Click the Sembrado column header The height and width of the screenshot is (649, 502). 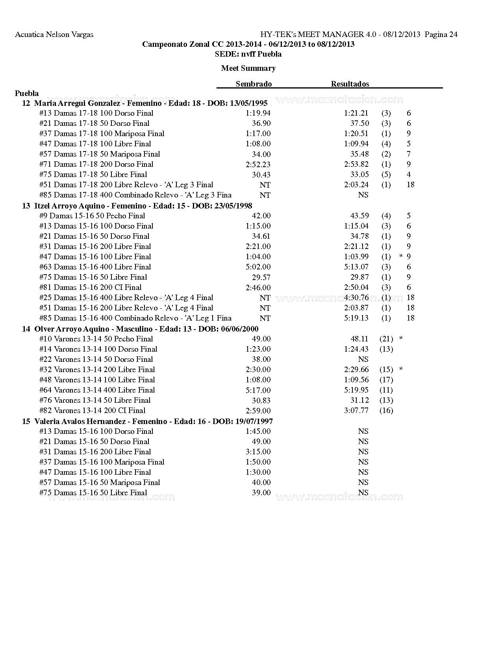(254, 84)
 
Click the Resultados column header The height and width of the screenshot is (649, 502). (350, 84)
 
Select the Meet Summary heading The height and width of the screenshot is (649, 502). (248, 68)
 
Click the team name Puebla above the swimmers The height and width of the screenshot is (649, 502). (27, 93)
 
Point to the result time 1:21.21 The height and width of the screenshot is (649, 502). (356, 113)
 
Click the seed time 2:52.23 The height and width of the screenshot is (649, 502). (258, 164)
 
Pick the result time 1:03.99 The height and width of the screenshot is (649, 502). (356, 257)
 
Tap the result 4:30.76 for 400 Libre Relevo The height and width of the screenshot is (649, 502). (356, 298)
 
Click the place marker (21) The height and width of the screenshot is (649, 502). (386, 339)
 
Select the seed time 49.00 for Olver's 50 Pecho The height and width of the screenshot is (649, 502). (261, 339)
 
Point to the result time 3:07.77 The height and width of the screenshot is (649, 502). (356, 411)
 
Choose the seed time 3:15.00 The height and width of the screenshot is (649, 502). (258, 452)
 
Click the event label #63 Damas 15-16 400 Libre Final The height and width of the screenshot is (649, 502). (95, 267)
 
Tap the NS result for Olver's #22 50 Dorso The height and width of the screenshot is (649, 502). (363, 360)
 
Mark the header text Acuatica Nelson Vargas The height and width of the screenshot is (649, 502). (54, 35)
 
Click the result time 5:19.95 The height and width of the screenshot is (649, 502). (356, 390)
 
